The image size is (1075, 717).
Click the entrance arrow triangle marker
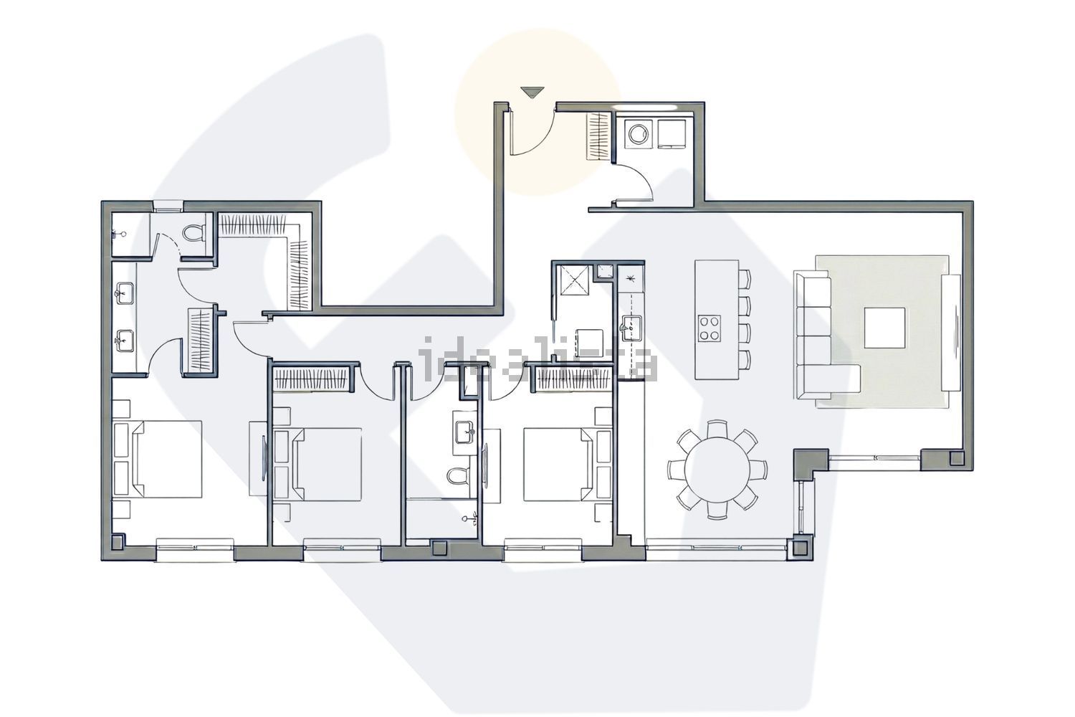(x=532, y=92)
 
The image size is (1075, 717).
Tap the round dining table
(x=717, y=470)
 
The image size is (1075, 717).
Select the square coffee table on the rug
(x=884, y=327)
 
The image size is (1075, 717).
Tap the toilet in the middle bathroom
(x=457, y=475)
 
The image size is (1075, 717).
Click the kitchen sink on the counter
(x=631, y=327)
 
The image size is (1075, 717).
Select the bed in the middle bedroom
(x=327, y=463)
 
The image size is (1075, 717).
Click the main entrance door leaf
(x=514, y=130)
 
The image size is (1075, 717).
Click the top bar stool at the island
(x=745, y=278)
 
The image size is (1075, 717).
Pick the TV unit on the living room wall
(x=954, y=333)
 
